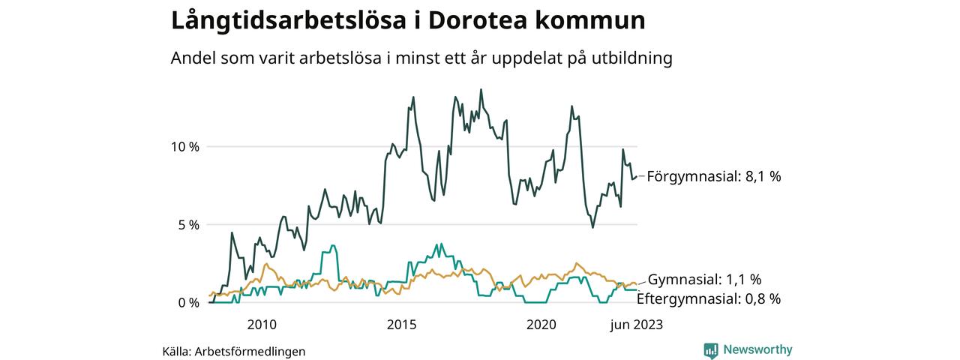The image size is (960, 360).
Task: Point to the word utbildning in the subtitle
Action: (632, 58)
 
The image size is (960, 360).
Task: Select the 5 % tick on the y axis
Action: (188, 225)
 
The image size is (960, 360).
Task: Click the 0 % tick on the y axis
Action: (188, 303)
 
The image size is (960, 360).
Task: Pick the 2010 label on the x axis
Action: (261, 325)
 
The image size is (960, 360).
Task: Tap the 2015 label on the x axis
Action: (401, 325)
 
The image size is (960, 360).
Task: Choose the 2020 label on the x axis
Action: (541, 325)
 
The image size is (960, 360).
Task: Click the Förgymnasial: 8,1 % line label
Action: (713, 177)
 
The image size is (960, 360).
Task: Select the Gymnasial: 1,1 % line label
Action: (704, 280)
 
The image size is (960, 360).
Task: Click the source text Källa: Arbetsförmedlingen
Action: (233, 351)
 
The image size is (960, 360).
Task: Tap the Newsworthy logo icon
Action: (711, 350)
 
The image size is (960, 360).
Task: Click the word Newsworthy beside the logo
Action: (757, 350)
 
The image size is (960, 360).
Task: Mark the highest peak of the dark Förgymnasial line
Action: (481, 90)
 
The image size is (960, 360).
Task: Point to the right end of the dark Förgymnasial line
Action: (637, 177)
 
